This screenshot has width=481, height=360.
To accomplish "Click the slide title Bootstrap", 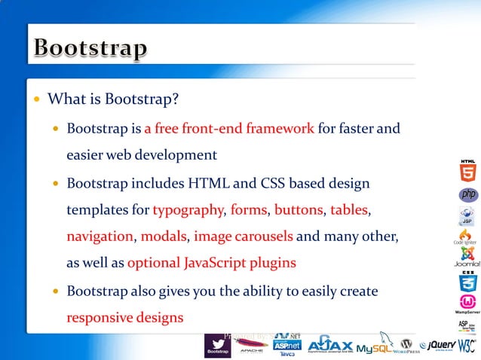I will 90,50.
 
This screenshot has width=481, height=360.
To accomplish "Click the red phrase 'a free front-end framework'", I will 229,128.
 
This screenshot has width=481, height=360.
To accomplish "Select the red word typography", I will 188,209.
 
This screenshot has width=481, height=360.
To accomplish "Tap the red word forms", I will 248,209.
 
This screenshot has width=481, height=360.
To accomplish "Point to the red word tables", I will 349,209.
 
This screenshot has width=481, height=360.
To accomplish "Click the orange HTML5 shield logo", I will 467,172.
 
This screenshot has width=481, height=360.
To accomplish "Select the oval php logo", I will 468,195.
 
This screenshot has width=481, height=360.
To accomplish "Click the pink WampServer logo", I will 467,303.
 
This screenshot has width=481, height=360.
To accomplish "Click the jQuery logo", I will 442,345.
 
